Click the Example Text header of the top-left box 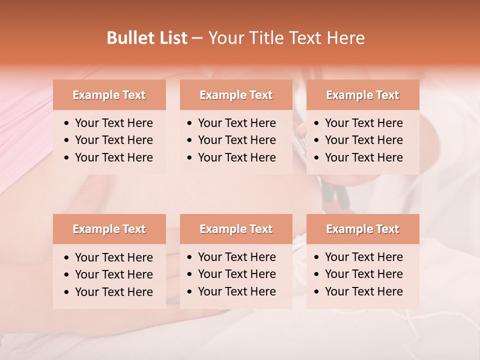(109, 95)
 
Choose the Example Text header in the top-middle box (236, 95)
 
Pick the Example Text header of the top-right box (362, 95)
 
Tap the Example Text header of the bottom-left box (109, 229)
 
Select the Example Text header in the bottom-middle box (236, 229)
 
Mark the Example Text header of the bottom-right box (362, 229)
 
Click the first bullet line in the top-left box (113, 123)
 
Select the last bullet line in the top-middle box (236, 157)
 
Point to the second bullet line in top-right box (363, 140)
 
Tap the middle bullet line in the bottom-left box (113, 274)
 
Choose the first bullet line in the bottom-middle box (236, 257)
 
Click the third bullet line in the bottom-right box (363, 291)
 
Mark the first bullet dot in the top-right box (317, 123)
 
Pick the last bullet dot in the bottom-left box (67, 292)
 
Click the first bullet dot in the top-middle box (190, 123)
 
